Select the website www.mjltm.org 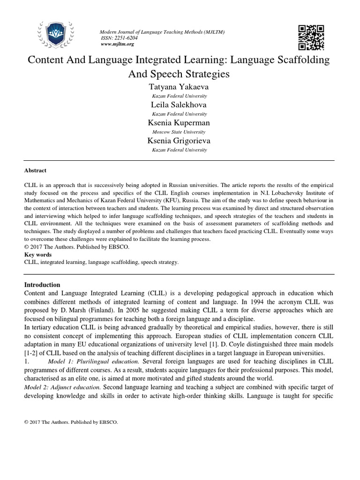pyautogui.click(x=117, y=44)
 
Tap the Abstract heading pyautogui.click(x=35, y=171)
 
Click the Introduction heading pyautogui.click(x=42, y=285)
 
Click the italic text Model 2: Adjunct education pyautogui.click(x=62, y=387)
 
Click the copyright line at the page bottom pyautogui.click(x=71, y=422)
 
